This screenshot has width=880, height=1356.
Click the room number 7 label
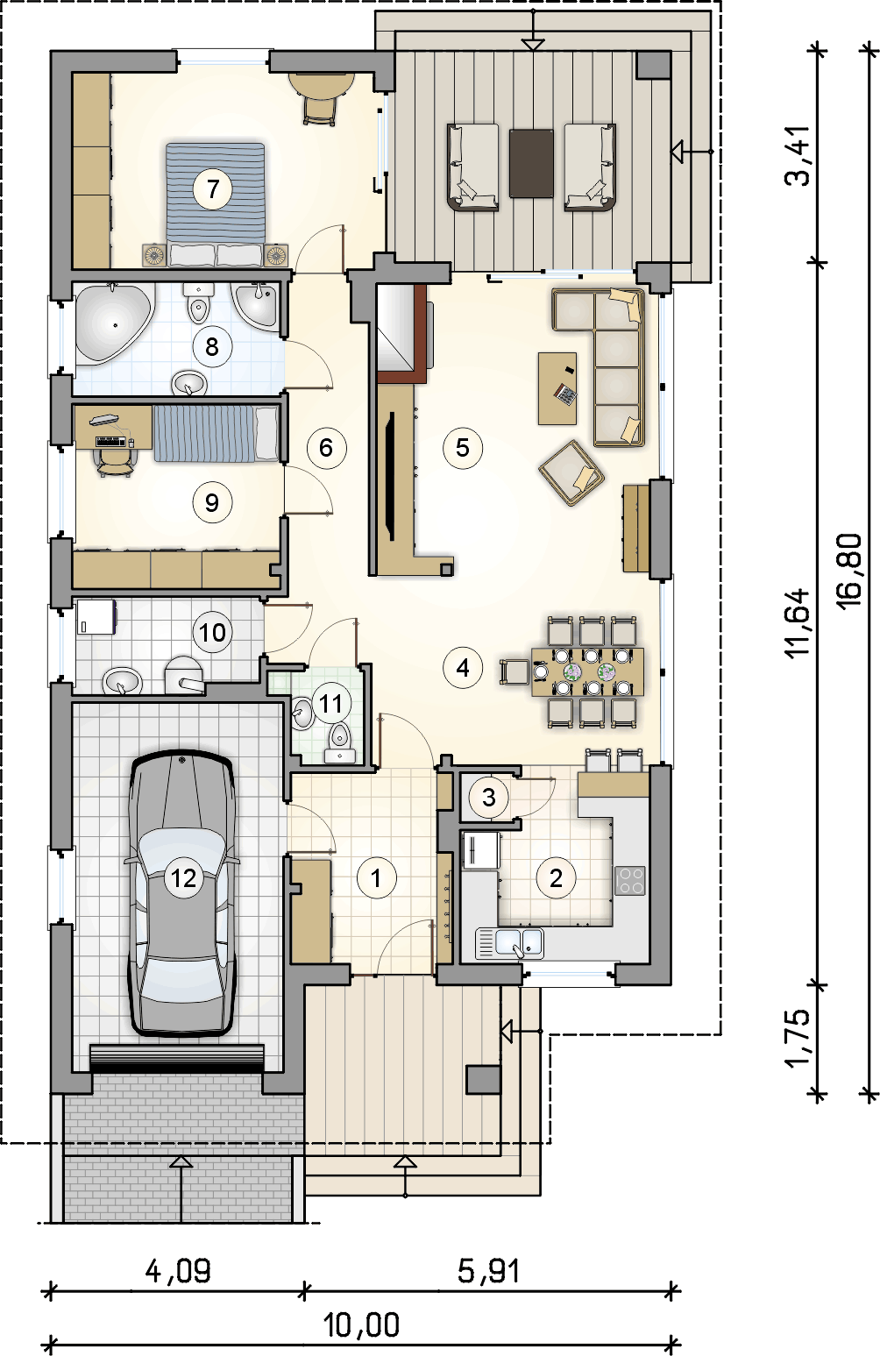click(x=212, y=189)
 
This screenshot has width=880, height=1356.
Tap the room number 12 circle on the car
click(x=184, y=877)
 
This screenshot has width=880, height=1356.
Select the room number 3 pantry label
click(x=489, y=798)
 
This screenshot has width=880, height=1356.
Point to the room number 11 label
click(x=331, y=704)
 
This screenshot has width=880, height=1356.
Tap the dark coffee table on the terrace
click(x=531, y=163)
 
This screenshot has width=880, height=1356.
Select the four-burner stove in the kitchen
click(x=631, y=882)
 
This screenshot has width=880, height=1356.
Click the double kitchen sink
click(x=509, y=944)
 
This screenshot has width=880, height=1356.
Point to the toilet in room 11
click(x=340, y=742)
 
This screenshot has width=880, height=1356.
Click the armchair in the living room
click(x=571, y=472)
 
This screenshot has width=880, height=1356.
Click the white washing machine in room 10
click(x=96, y=617)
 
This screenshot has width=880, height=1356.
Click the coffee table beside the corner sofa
click(x=557, y=388)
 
